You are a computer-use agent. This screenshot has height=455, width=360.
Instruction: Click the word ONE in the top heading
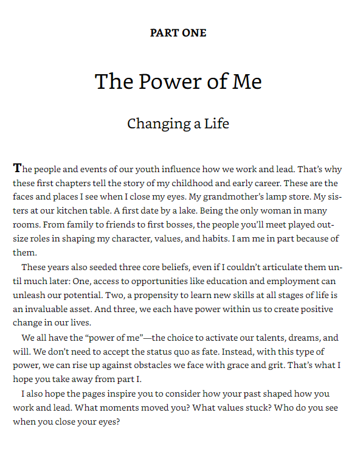194,33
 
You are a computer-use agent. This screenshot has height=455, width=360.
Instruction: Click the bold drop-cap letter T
17,168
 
